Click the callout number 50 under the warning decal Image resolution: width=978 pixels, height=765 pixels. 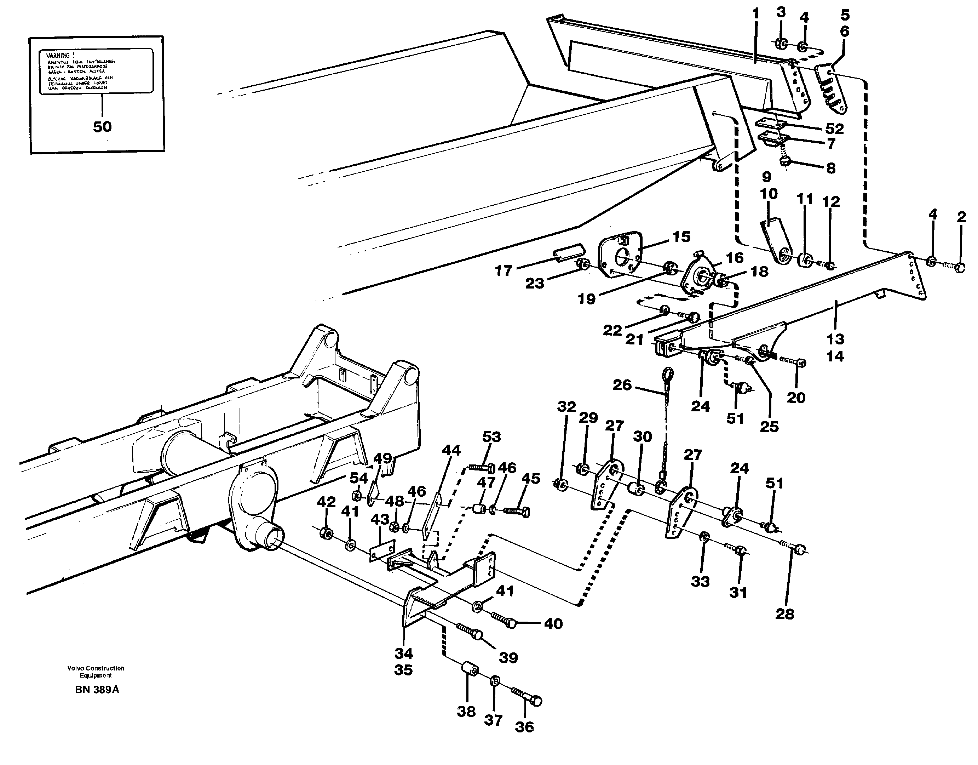pyautogui.click(x=102, y=127)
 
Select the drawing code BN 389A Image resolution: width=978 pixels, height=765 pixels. pyautogui.click(x=97, y=690)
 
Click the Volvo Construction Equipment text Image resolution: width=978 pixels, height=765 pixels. pyautogui.click(x=96, y=672)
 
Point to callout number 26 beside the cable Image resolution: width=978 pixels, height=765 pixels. pyautogui.click(x=622, y=385)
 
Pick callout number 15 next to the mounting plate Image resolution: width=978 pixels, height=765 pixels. pyautogui.click(x=681, y=236)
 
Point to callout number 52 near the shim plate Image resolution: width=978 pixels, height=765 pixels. pyautogui.click(x=834, y=129)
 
